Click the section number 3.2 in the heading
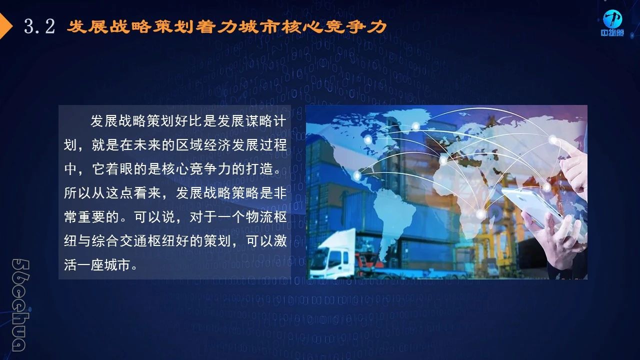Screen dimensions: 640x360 point(39,26)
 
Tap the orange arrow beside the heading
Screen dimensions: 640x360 point(5,26)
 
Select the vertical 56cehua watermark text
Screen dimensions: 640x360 point(20,305)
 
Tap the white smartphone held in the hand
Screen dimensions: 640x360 point(531,207)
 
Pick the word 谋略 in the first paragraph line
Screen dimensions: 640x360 point(259,121)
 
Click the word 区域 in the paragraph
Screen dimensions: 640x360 point(189,145)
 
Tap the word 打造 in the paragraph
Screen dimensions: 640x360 point(259,169)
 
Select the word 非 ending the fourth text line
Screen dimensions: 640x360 point(280,193)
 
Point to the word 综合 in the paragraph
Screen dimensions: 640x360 point(105,241)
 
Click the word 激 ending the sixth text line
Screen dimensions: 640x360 point(280,241)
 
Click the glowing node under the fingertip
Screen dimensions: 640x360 point(553,140)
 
